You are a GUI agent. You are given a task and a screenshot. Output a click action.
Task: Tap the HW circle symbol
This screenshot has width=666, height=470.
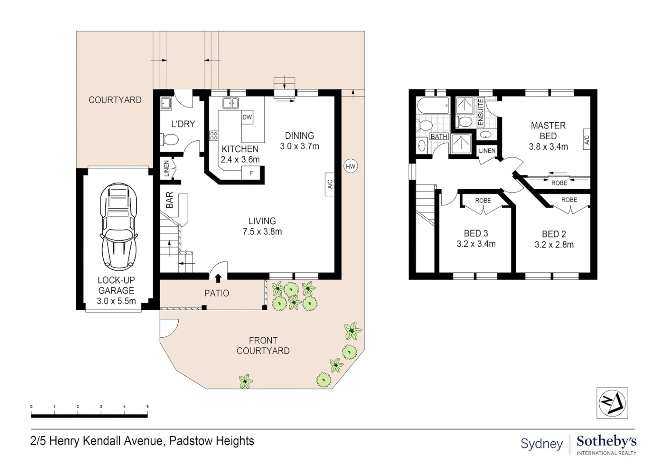(350, 166)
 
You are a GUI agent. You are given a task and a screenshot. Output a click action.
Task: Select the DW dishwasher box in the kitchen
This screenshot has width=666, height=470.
(247, 117)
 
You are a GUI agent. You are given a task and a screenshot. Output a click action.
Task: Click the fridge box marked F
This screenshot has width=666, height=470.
(251, 173)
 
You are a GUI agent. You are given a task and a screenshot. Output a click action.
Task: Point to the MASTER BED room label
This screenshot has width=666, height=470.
(548, 131)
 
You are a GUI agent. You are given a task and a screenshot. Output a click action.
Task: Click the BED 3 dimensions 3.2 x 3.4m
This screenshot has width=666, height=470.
(476, 244)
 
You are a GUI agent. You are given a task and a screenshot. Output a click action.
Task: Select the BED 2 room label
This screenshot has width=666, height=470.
(554, 234)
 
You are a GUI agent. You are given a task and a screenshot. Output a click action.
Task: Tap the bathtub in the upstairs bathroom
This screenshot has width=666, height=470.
(433, 106)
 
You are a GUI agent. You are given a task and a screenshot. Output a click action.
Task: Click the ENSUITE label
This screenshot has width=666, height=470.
(481, 112)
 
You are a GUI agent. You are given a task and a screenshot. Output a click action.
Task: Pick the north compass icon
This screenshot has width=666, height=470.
(612, 403)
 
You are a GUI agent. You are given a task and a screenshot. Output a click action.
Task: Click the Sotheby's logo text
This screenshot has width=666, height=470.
(606, 441)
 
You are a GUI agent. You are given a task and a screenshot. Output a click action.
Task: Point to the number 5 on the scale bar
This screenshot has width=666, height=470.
(147, 407)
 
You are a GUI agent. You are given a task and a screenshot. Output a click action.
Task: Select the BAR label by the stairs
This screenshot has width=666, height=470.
(170, 200)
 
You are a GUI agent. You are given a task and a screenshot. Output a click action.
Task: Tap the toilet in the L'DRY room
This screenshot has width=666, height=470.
(170, 140)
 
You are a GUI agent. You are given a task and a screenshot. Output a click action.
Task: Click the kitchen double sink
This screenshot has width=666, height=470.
(230, 103)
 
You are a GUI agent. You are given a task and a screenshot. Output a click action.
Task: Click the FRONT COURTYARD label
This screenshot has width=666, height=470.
(263, 346)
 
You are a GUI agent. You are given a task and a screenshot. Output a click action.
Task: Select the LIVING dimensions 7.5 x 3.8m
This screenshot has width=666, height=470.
(262, 232)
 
